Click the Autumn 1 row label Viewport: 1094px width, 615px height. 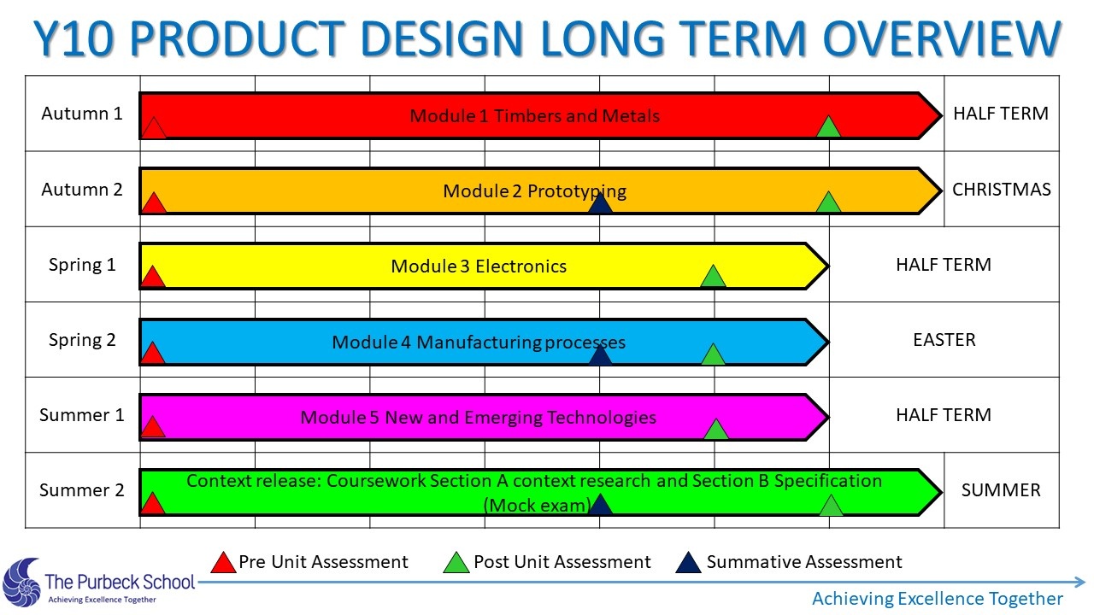81,114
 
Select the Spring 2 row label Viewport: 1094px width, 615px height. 82,340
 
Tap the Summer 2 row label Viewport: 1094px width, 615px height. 81,490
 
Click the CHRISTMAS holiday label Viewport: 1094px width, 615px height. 1001,190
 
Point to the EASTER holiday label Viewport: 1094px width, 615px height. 944,340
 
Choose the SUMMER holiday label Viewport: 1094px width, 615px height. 1001,490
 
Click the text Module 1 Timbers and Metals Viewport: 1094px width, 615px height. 534,115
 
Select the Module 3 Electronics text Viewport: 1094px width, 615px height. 479,266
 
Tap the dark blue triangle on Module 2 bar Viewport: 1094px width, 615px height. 600,203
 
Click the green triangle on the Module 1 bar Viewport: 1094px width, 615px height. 828,127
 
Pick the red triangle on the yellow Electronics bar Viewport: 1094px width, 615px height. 153,277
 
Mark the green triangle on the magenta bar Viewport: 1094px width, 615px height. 716,430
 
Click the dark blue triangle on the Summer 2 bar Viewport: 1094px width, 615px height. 600,505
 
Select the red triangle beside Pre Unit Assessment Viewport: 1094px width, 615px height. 223,563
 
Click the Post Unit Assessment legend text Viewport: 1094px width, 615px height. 562,562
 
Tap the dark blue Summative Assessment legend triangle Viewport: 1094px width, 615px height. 688,563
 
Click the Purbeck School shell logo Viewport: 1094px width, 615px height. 22,582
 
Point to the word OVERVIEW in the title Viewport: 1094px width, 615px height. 943,38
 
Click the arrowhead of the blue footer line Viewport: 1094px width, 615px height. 1079,582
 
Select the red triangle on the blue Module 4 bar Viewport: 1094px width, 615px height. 152,353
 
